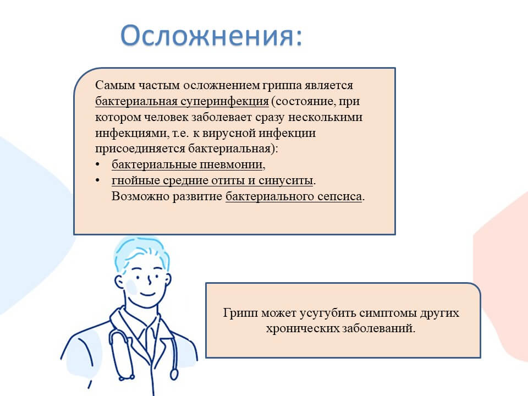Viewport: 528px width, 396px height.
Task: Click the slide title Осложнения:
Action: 211,35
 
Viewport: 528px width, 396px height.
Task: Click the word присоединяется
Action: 140,148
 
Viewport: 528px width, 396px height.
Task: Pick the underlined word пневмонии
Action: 231,164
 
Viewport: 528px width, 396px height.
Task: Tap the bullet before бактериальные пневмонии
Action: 98,164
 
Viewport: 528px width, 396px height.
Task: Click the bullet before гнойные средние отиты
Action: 98,180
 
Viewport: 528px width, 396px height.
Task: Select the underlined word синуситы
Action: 286,181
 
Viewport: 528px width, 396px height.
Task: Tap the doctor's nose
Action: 150,280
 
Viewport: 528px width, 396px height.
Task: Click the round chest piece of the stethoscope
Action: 174,375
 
